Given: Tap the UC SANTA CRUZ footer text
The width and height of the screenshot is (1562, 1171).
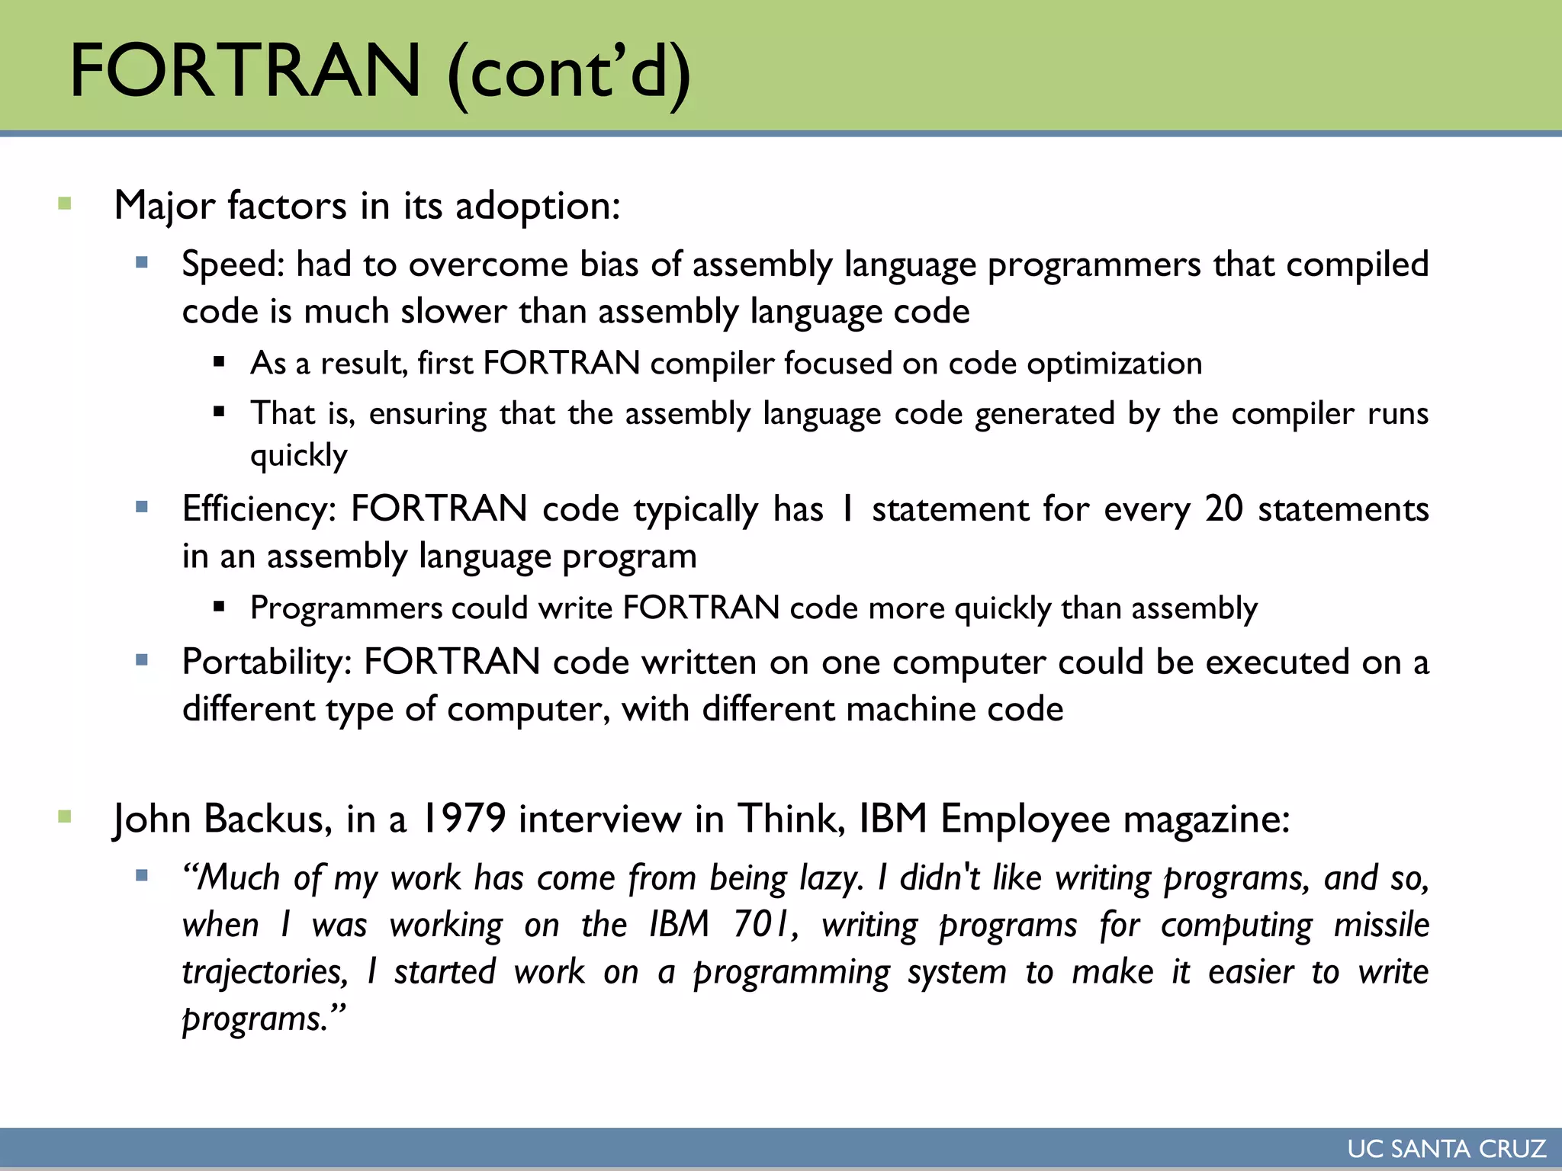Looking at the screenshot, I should pyautogui.click(x=1446, y=1149).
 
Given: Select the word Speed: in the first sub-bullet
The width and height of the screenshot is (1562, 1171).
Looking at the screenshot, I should pyautogui.click(x=233, y=265).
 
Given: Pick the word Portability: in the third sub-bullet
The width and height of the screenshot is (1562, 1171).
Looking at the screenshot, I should pyautogui.click(x=266, y=662).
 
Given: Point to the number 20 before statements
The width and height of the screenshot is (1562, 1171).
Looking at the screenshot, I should pyautogui.click(x=1224, y=509).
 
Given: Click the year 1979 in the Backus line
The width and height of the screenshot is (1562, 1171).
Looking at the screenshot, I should pyautogui.click(x=463, y=820).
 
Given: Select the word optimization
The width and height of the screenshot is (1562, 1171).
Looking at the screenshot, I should pyautogui.click(x=1114, y=364).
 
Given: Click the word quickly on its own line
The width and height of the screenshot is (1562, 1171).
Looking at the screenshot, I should pyautogui.click(x=299, y=456).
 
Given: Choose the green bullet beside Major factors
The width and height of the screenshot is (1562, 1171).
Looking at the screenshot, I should pyautogui.click(x=65, y=204).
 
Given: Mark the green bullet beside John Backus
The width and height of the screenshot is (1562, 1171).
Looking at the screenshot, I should pyautogui.click(x=65, y=817).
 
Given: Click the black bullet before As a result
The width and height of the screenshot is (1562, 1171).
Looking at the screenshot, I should pyautogui.click(x=220, y=362).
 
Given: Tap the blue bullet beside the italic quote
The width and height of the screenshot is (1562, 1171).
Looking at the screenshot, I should pyautogui.click(x=142, y=876).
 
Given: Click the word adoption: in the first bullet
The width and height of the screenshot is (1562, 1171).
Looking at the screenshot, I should pyautogui.click(x=538, y=206).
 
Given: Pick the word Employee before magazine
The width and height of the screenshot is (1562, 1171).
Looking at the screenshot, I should pyautogui.click(x=1025, y=820).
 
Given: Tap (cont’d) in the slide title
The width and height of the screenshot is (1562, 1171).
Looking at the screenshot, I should pyautogui.click(x=568, y=72).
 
